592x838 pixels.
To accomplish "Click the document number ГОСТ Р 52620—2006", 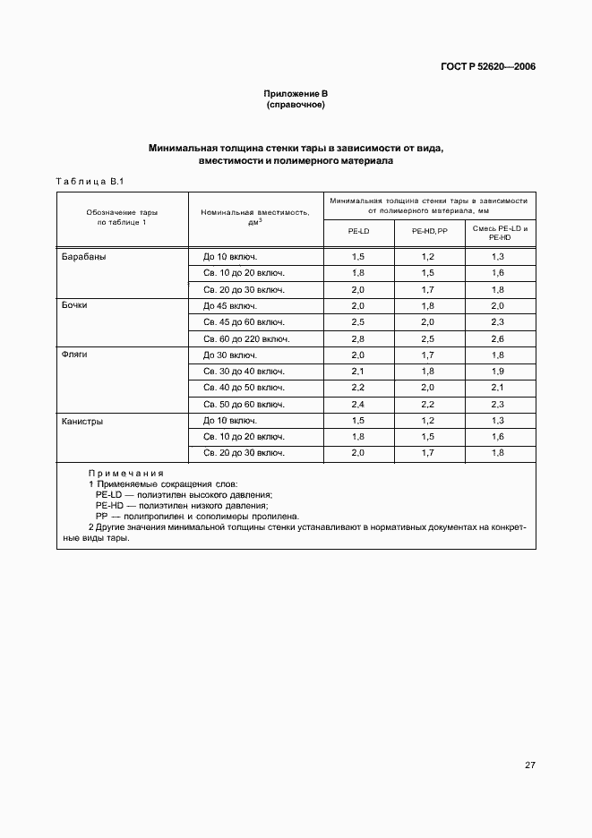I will [x=488, y=67].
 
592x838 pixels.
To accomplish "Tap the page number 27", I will [x=529, y=765].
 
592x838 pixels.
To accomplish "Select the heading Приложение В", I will [x=296, y=94].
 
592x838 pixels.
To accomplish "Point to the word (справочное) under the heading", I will [x=296, y=105].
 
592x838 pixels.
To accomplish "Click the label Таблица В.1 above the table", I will [x=89, y=182].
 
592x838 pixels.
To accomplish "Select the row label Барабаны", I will [x=83, y=256].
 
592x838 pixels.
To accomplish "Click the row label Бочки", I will [x=74, y=305].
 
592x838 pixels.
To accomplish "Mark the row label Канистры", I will [x=82, y=420].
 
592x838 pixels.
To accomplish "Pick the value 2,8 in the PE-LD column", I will [x=358, y=338].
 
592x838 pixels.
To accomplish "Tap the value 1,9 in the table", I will [x=498, y=371].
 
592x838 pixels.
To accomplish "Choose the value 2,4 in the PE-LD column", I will [x=358, y=404].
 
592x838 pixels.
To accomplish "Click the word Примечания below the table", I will [x=126, y=473].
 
